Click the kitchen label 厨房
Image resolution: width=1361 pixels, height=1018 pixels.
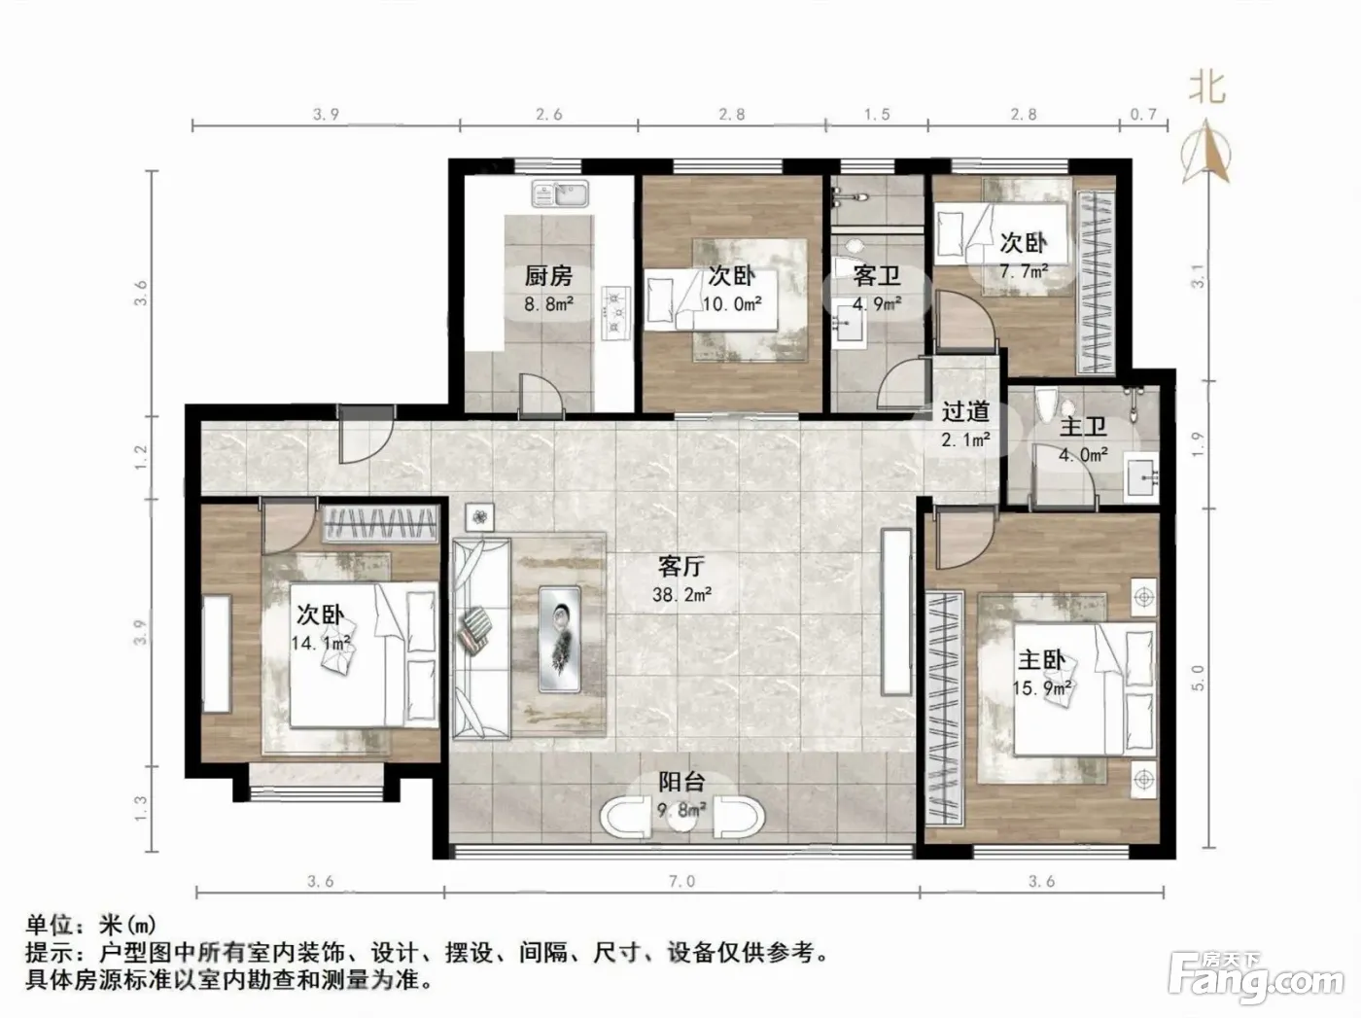click(x=548, y=276)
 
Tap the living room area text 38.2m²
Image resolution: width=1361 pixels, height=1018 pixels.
click(x=681, y=594)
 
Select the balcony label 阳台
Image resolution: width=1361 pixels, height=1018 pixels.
click(x=681, y=782)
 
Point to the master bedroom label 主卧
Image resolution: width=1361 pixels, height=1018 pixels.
click(x=1041, y=659)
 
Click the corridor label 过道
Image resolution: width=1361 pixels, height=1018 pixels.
click(x=965, y=411)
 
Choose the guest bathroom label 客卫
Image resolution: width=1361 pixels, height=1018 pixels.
click(x=876, y=275)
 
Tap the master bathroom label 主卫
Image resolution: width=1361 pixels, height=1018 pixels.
click(x=1083, y=427)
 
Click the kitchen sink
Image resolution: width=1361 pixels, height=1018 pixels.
click(x=561, y=193)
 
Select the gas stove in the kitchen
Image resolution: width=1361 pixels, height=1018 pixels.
click(x=615, y=312)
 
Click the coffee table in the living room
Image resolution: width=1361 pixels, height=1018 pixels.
click(x=560, y=639)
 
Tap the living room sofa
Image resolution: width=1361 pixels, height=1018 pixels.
click(x=481, y=639)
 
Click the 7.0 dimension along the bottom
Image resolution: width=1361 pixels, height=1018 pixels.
click(x=681, y=881)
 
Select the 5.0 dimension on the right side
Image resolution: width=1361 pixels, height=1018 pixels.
click(x=1198, y=678)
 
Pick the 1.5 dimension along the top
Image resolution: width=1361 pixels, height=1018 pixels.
click(x=877, y=114)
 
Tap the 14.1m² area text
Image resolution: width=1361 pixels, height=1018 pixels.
click(x=322, y=643)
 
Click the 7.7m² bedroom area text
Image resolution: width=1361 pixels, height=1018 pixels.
click(x=1023, y=271)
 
